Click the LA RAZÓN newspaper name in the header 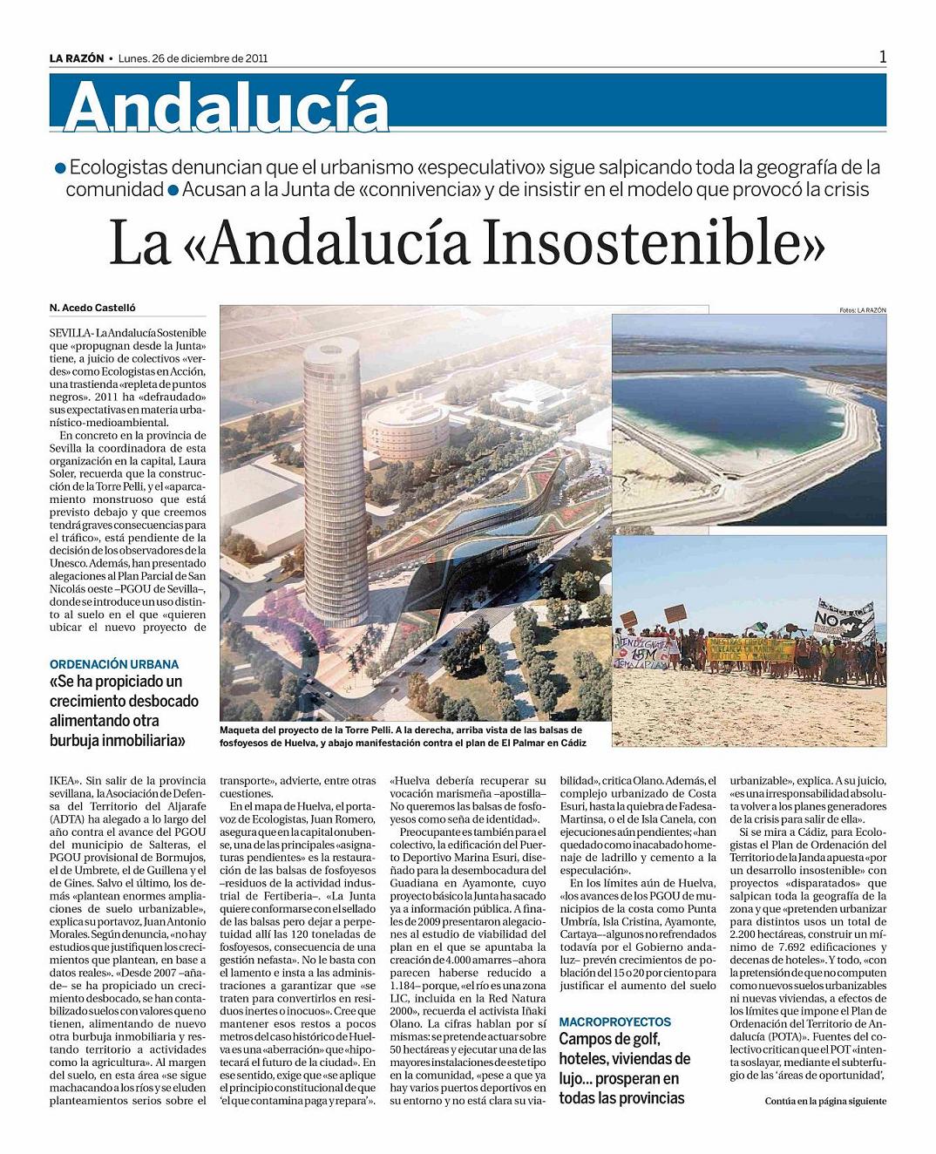click(x=77, y=58)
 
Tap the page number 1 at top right click(x=882, y=57)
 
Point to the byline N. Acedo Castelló click(x=93, y=308)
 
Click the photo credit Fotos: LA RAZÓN click(x=862, y=309)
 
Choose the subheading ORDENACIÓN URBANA click(x=114, y=664)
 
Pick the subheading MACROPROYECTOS click(x=614, y=1021)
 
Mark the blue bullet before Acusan click(x=173, y=190)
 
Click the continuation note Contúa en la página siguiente click(x=824, y=1101)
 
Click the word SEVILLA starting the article click(x=70, y=333)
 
